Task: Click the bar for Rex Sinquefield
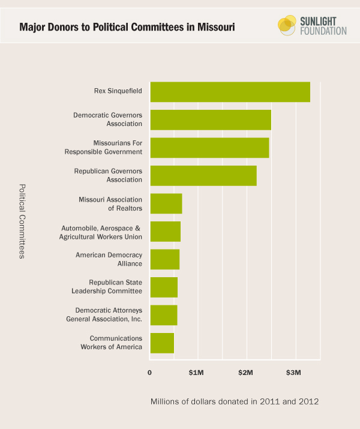coord(230,92)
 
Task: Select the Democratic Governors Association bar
coord(211,120)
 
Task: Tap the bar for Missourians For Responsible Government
coord(209,148)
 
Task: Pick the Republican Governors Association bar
coord(203,176)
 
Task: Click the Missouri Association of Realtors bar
coord(166,203)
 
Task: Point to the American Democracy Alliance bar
coord(165,259)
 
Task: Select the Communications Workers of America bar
coord(162,343)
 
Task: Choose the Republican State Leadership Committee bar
coord(164,287)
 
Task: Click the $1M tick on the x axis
coord(196,373)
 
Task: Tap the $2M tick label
coord(245,373)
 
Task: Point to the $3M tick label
coord(293,373)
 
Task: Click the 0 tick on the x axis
coord(150,373)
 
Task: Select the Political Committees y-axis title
coord(22,221)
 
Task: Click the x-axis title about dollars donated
coord(234,401)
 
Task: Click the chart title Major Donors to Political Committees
coord(126,28)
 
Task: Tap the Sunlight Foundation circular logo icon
coord(287,25)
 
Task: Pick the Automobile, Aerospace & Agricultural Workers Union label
coord(101,232)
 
